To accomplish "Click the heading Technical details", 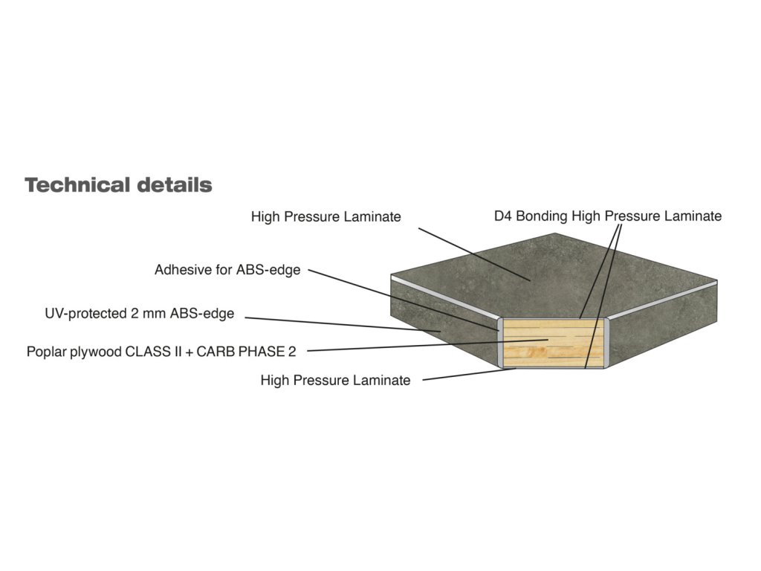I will point(118,184).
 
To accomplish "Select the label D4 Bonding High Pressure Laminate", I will point(607,216).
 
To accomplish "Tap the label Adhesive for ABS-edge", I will point(227,270).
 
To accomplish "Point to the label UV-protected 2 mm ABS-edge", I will point(140,314).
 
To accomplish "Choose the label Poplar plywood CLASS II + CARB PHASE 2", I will point(161,351).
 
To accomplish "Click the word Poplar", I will point(45,351).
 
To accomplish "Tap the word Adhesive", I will point(182,270).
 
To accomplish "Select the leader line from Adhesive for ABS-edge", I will point(401,297).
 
